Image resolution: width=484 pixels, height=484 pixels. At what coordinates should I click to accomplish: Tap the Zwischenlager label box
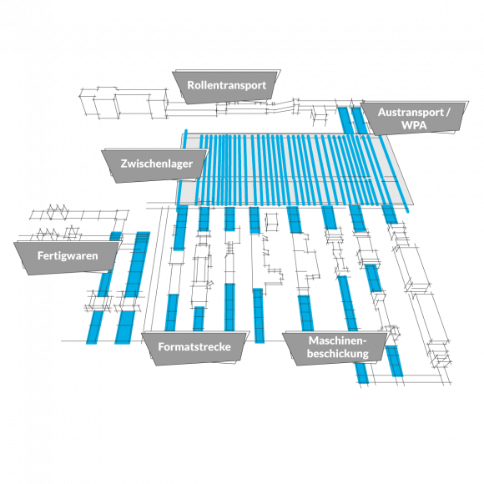[x=156, y=164]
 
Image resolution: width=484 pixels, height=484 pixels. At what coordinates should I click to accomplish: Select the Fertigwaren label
[x=68, y=256]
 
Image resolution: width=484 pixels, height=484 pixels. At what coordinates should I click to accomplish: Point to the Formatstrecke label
[x=194, y=347]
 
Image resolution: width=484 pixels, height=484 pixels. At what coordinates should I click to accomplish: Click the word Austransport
[x=411, y=113]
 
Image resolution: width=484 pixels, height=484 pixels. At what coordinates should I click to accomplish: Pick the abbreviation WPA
[x=414, y=125]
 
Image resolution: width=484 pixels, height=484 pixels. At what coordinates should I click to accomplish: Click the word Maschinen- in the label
[x=337, y=340]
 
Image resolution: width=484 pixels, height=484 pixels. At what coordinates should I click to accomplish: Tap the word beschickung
[x=338, y=354]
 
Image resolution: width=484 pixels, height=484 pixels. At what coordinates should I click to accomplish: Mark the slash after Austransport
[x=447, y=113]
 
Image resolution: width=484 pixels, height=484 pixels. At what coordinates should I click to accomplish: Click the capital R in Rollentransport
[x=191, y=85]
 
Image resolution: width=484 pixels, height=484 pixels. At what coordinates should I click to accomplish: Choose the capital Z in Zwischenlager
[x=124, y=164]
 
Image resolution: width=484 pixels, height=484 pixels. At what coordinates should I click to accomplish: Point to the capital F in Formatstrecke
[x=161, y=346]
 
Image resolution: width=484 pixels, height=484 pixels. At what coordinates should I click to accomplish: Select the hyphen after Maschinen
[x=364, y=342]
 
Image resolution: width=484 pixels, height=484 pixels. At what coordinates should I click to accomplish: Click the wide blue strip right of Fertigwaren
[x=133, y=287]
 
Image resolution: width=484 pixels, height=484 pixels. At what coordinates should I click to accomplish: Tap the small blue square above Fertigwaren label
[x=115, y=236]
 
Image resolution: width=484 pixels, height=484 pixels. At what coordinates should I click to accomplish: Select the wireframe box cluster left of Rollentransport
[x=124, y=103]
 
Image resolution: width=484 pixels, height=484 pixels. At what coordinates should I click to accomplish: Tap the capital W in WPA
[x=406, y=125]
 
